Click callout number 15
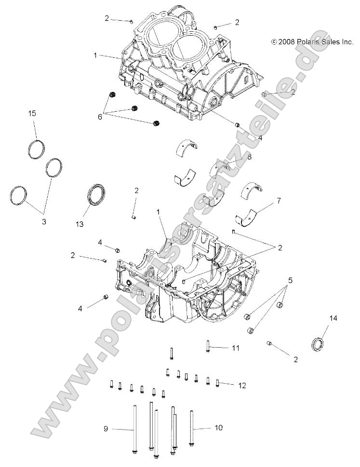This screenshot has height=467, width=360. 32,114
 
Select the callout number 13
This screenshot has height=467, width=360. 80,224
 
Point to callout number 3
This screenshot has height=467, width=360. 44,222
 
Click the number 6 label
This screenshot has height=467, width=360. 100,116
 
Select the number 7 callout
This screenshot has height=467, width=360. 279,199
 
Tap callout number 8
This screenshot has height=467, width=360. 249,157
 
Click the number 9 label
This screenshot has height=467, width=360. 105,428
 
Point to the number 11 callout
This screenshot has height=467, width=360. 235,348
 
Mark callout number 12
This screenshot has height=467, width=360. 242,385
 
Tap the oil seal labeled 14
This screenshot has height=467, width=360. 317,345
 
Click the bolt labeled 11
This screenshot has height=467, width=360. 207,346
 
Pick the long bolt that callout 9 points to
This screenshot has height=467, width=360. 133,428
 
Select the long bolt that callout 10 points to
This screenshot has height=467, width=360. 192,428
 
